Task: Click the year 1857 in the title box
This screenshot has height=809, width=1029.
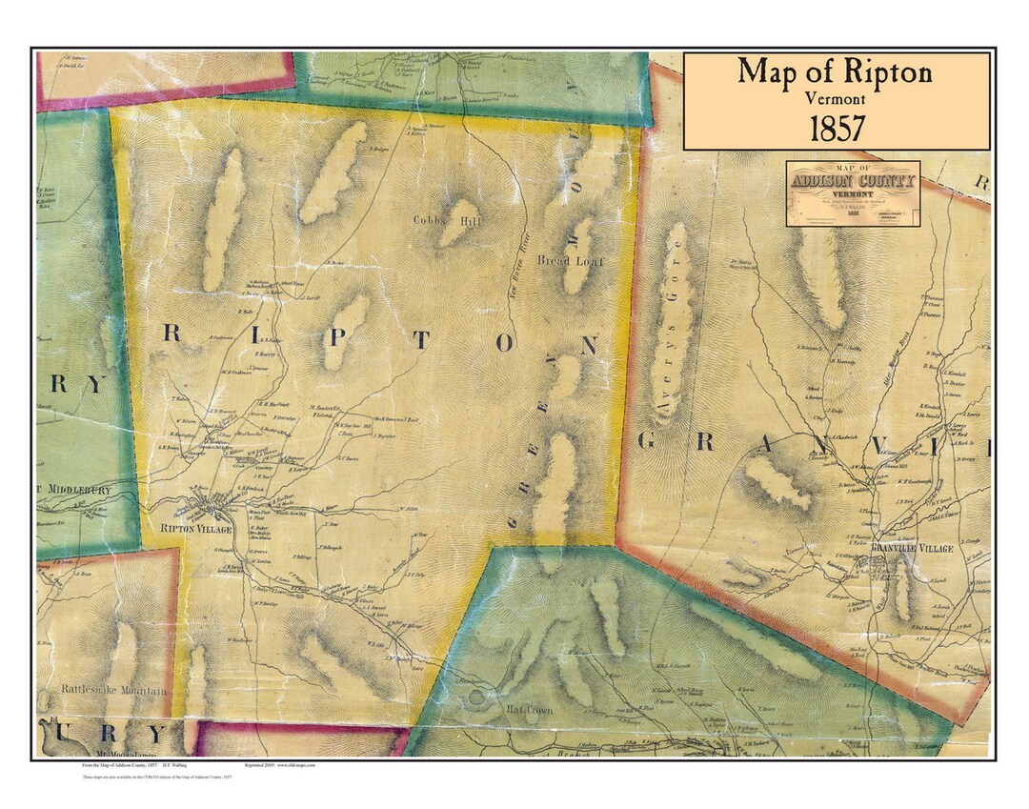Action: click(837, 128)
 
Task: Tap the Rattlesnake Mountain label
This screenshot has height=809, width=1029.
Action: click(114, 690)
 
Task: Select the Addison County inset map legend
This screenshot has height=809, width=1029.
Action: click(853, 192)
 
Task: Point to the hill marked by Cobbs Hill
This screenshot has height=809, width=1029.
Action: click(459, 221)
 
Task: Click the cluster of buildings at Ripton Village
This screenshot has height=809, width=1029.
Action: click(210, 505)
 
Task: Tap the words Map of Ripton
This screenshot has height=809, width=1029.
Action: click(835, 71)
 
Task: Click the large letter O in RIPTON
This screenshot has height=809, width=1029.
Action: click(505, 342)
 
